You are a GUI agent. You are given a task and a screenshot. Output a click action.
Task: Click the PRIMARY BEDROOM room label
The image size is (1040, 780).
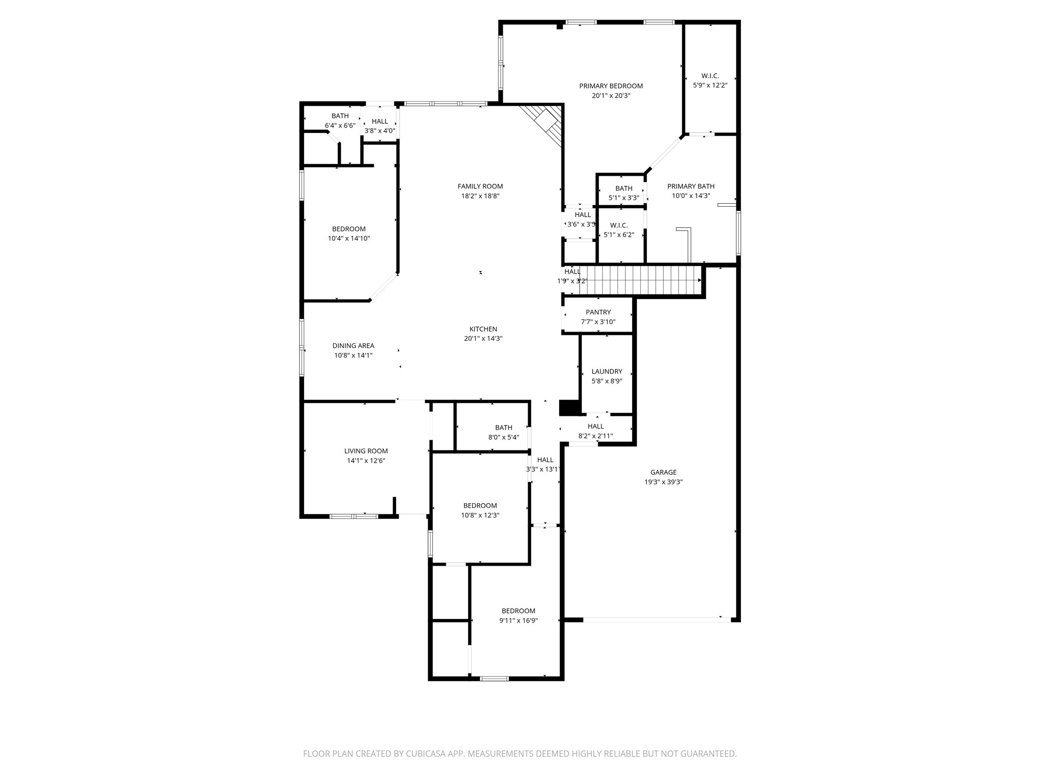click(x=611, y=86)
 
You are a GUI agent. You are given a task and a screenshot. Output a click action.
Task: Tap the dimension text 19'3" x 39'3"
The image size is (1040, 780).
click(x=663, y=482)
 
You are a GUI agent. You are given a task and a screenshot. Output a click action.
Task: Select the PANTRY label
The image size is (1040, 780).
click(x=598, y=312)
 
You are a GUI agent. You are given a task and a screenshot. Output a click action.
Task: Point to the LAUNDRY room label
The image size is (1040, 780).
click(x=607, y=371)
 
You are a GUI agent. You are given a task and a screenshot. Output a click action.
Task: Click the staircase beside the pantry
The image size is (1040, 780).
click(x=640, y=280)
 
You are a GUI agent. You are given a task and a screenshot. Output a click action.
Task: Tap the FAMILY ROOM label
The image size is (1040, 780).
click(x=480, y=186)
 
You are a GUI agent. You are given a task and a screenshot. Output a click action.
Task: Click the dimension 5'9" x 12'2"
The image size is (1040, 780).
click(x=710, y=85)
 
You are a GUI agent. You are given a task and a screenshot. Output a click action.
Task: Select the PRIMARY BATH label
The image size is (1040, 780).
click(x=691, y=186)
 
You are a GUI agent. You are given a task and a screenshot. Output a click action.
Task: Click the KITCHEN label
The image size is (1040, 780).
click(x=483, y=329)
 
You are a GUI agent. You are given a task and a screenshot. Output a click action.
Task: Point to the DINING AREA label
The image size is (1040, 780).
click(x=353, y=346)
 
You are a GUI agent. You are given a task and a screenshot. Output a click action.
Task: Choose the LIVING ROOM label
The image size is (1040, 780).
click(x=366, y=451)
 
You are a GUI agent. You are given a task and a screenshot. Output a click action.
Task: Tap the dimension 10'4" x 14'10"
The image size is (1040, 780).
click(x=349, y=238)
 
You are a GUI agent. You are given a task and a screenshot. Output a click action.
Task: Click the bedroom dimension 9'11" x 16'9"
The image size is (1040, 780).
click(x=518, y=621)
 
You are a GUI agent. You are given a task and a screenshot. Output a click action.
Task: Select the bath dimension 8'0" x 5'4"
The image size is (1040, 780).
click(x=504, y=437)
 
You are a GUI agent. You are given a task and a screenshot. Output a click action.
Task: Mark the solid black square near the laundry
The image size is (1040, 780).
click(x=569, y=408)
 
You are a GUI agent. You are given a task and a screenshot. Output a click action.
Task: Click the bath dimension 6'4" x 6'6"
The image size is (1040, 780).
click(x=340, y=125)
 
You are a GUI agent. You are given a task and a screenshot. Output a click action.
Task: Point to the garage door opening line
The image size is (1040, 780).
click(x=655, y=620)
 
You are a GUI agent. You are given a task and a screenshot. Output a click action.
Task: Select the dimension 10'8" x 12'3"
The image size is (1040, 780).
click(x=480, y=515)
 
